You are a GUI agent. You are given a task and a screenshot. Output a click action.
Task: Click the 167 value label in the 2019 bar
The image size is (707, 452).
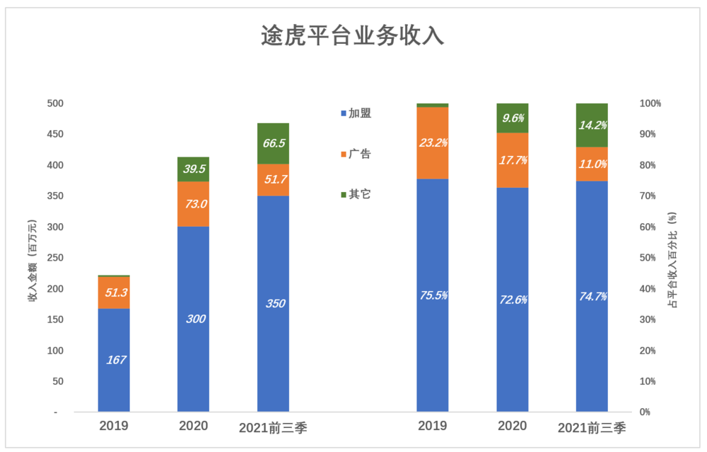click(x=116, y=360)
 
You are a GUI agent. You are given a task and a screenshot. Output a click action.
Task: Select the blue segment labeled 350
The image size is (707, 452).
click(x=273, y=304)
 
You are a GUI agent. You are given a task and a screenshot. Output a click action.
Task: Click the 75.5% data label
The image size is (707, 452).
click(x=433, y=296)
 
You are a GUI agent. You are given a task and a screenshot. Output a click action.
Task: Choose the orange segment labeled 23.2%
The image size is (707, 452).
click(x=433, y=143)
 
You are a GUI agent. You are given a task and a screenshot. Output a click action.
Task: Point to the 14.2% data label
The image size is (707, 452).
click(x=592, y=125)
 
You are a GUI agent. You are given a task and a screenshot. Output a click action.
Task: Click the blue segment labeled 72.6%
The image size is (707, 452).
click(x=513, y=299)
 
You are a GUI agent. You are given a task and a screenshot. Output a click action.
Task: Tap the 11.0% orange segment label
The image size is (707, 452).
click(x=592, y=164)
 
